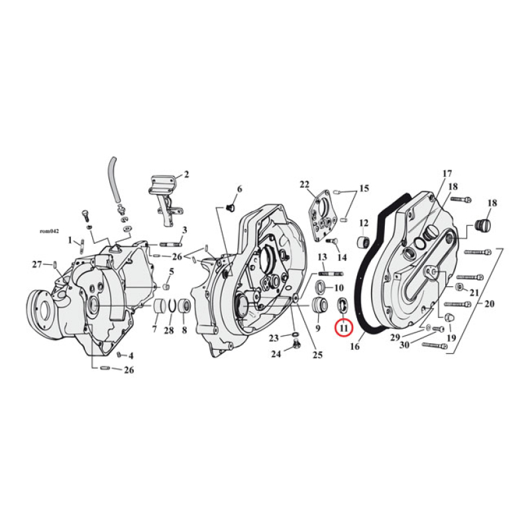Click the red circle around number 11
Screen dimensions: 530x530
pos(343,327)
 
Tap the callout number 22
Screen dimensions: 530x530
pos(304,184)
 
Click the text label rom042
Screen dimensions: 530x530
pos(50,231)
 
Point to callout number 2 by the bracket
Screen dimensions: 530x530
pos(186,175)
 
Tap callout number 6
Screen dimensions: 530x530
pos(239,189)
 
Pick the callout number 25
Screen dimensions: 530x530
pos(317,355)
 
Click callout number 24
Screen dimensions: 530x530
pos(275,354)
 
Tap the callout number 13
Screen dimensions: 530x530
pos(323,257)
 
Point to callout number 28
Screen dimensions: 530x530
pos(169,331)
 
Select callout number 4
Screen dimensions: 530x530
pos(131,356)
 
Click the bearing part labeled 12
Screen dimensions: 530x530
pos(363,242)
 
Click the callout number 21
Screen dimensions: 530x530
pos(474,292)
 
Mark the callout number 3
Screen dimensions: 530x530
pos(185,230)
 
